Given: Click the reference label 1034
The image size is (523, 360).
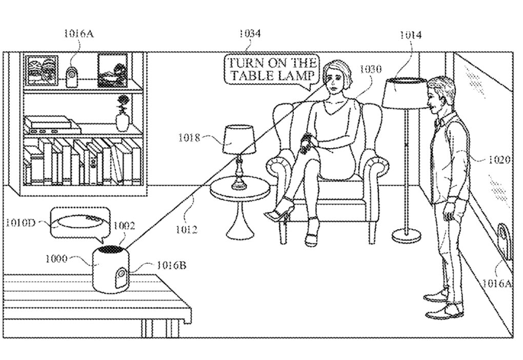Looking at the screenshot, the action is [x=250, y=33].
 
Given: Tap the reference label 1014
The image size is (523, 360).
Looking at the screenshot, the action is [x=411, y=35].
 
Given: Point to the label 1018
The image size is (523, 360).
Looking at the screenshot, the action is [x=189, y=137].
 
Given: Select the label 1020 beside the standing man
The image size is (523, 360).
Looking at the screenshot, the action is [x=499, y=160].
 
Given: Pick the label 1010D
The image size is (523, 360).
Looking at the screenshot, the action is [x=21, y=223].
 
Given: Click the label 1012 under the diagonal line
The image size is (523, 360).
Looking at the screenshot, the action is [x=187, y=230].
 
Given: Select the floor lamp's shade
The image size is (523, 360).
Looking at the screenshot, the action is [x=405, y=93].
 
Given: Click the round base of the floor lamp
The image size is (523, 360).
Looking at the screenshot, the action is [x=407, y=235].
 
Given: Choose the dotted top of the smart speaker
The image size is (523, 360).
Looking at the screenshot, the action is [x=110, y=249].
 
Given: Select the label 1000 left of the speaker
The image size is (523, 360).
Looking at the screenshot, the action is [x=56, y=258].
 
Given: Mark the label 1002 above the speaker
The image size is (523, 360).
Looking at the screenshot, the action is [x=124, y=226].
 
